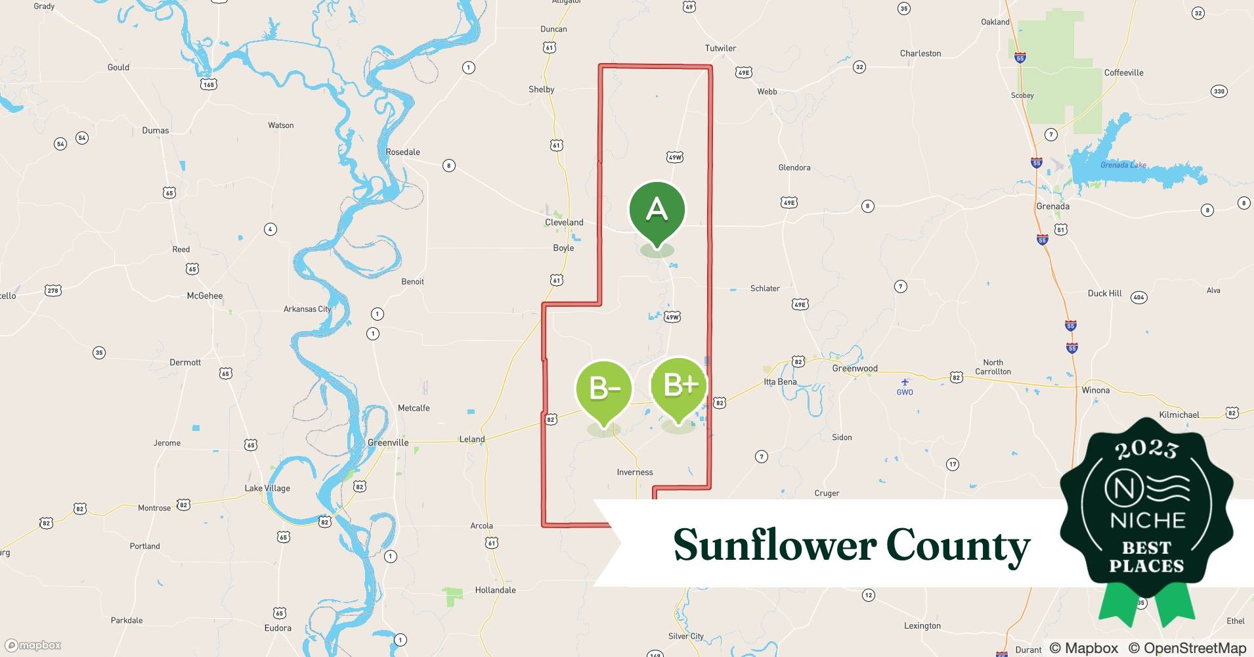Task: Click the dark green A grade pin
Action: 657,210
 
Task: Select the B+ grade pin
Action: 679,386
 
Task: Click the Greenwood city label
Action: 854,369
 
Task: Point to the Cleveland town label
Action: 564,222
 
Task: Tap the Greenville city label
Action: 388,443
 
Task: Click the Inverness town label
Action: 635,472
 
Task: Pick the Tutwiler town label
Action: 720,48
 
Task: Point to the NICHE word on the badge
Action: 1147,521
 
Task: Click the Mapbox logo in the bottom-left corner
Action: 33,645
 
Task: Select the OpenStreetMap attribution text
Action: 1187,648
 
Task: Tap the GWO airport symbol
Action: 905,382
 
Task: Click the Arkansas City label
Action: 307,309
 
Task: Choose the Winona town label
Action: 1095,390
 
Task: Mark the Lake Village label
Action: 267,488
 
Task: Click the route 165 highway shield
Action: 209,85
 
